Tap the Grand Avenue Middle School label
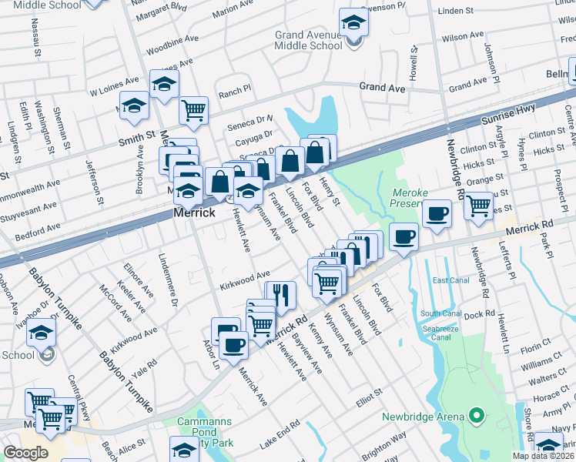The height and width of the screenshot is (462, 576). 309,40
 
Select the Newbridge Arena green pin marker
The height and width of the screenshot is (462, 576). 476,417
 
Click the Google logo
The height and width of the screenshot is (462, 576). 25,453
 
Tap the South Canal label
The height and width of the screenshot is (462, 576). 440,313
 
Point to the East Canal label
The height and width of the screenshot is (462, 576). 450,280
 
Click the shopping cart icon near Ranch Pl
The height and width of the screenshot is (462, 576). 194,109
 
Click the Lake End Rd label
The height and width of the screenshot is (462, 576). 280,435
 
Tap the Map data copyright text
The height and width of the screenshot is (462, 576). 544,456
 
